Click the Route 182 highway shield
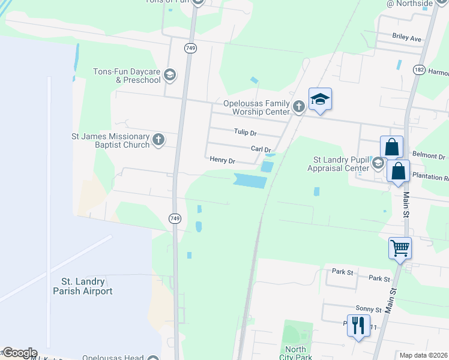coord(419,70)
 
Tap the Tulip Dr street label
coord(245,133)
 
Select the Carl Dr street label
coord(261,149)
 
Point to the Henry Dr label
coord(222,161)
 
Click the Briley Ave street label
coord(407,37)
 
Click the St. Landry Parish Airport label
coord(88,286)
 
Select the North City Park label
coord(295,353)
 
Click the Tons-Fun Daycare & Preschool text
coord(126,76)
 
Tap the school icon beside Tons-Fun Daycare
coord(169,75)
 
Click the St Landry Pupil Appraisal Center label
coord(341,164)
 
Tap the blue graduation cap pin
coord(320,100)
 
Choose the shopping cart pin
coord(400,247)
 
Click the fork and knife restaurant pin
coord(358,325)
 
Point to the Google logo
coord(19,353)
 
